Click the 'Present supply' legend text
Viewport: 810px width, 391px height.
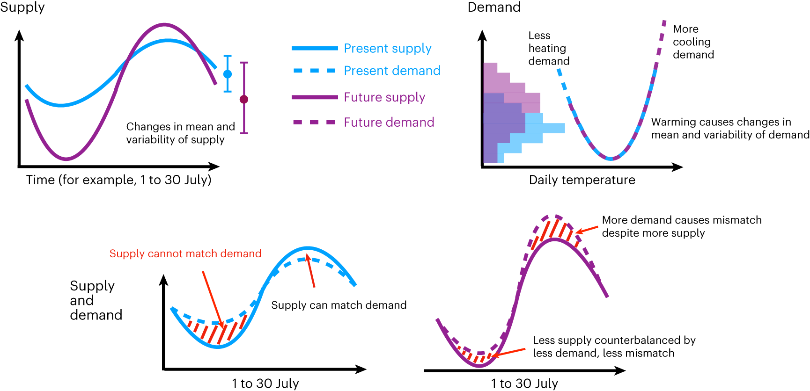click(387, 48)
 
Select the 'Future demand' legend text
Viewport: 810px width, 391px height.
click(389, 123)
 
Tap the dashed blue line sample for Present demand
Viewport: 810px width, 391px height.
click(314, 71)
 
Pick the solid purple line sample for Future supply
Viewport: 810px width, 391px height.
click(314, 97)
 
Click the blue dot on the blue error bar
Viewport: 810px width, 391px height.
click(228, 74)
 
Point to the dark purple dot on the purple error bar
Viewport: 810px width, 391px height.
click(244, 99)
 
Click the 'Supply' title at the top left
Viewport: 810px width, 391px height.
click(22, 7)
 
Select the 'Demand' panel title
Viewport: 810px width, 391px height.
click(494, 7)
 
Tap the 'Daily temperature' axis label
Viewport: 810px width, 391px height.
click(582, 180)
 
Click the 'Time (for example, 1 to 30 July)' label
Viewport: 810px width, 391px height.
click(118, 180)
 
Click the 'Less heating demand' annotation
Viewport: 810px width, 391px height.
click(548, 48)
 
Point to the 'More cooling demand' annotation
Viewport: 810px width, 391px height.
click(693, 42)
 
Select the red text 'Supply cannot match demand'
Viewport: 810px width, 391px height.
click(185, 253)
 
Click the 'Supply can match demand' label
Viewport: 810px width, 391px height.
click(339, 305)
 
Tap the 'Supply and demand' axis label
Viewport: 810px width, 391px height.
click(95, 300)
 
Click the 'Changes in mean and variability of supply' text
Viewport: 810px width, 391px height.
click(180, 133)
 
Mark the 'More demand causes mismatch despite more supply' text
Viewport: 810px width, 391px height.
click(681, 226)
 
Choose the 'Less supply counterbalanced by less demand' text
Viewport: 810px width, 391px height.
click(613, 347)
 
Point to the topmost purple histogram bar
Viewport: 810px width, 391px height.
click(490, 68)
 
